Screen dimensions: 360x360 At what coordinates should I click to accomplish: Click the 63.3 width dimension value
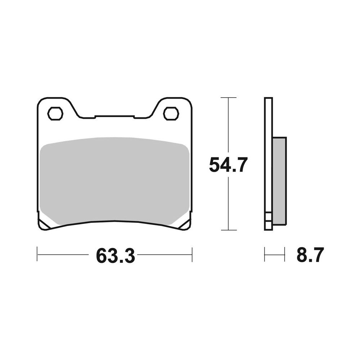[x=115, y=256]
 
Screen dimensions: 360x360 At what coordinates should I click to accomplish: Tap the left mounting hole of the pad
[x=55, y=114]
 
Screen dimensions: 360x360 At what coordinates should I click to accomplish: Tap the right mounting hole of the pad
[x=171, y=114]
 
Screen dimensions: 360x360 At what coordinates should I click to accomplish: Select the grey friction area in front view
[x=114, y=180]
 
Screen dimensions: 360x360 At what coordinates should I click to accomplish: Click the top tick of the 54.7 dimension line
[x=228, y=98]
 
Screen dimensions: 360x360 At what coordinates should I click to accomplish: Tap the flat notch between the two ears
[x=114, y=116]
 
